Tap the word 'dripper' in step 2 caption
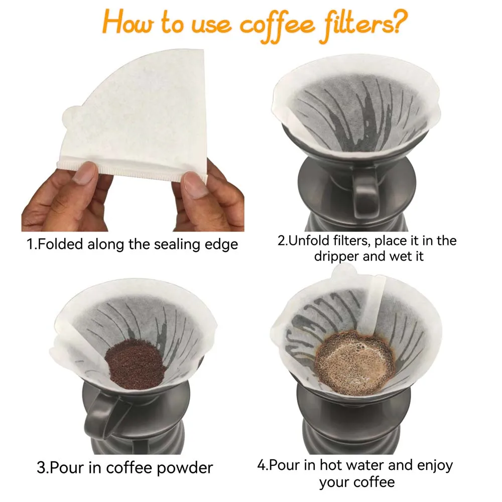336,256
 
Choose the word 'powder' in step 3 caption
184,468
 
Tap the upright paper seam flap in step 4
374,301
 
